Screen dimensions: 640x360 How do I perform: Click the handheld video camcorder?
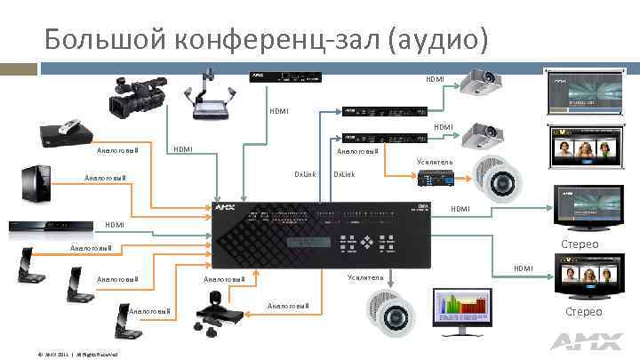pyautogui.click(x=134, y=96)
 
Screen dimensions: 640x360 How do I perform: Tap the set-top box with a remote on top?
pyautogui.click(x=67, y=135)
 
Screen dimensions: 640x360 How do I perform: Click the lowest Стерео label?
pyautogui.click(x=583, y=311)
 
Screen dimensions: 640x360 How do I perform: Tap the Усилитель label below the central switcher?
pyautogui.click(x=365, y=277)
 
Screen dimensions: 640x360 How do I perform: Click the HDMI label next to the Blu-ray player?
pyautogui.click(x=115, y=225)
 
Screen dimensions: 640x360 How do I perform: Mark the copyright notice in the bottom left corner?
pyautogui.click(x=78, y=354)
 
